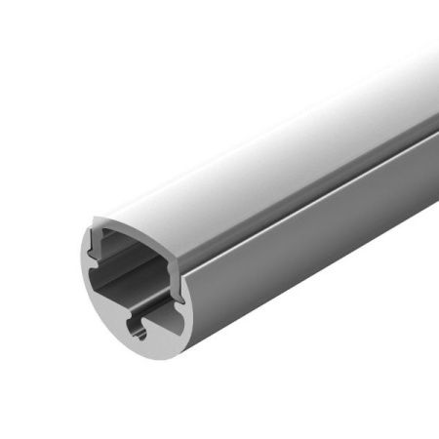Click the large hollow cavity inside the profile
(132, 278)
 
